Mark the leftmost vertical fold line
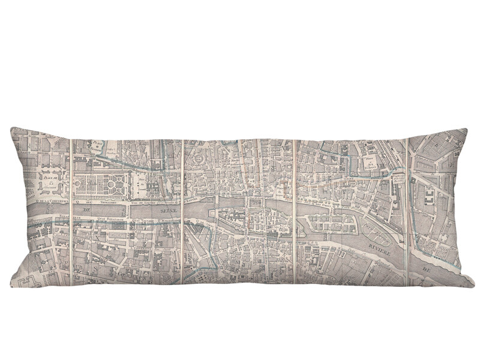(x=71, y=210)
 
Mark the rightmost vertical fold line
(x=407, y=210)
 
